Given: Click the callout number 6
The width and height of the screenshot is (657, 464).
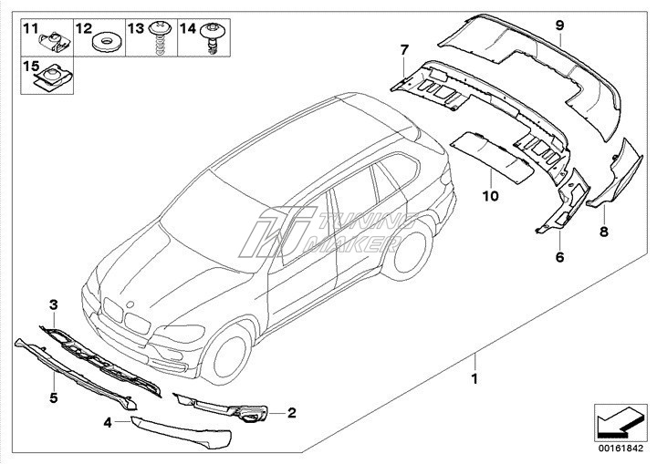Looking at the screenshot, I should (x=558, y=258).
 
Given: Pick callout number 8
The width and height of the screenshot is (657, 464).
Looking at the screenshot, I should (x=603, y=232).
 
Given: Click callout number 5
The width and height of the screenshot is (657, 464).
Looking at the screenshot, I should (x=53, y=397).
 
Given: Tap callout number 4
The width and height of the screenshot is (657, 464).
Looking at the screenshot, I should (x=107, y=422).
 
